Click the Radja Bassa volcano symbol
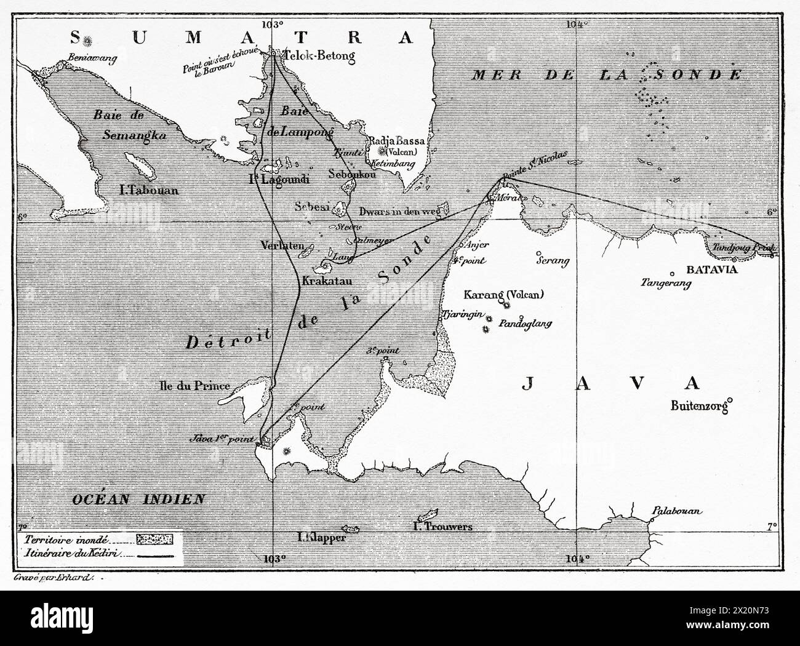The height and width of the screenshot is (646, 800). (385, 151)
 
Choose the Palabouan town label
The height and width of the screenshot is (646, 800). (670, 511)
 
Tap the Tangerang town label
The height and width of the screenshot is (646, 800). (666, 283)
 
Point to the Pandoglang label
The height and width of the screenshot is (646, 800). (526, 323)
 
